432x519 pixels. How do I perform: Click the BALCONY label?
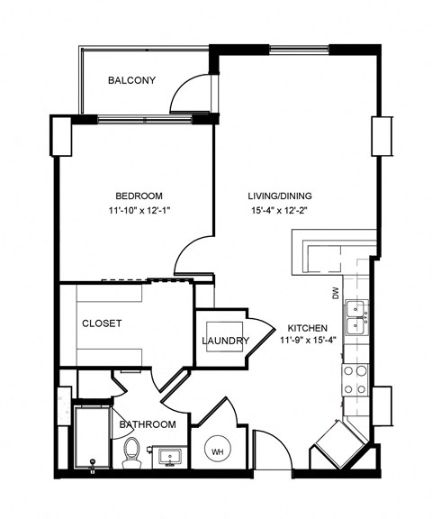click(131, 80)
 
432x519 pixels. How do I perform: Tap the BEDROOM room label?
click(139, 196)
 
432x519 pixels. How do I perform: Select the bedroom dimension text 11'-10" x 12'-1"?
click(139, 212)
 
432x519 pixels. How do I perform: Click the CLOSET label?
click(102, 323)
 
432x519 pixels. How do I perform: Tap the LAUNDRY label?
click(225, 341)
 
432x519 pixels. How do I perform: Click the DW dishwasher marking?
click(336, 292)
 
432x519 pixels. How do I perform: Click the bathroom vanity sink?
click(167, 458)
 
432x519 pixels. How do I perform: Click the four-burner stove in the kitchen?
click(355, 379)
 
